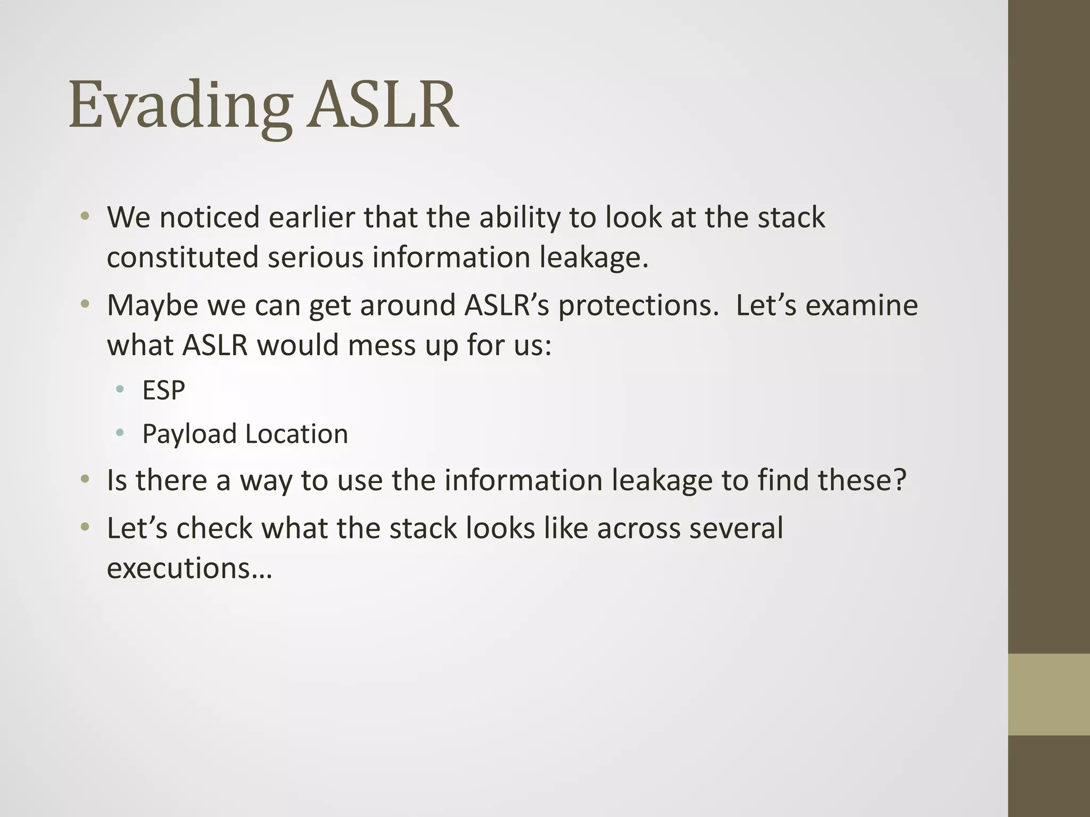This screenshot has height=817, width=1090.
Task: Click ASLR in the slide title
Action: [x=382, y=105]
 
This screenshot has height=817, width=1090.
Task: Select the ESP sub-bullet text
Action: [x=163, y=390]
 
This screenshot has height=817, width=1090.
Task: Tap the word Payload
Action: [x=189, y=434]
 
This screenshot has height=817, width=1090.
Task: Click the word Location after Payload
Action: [x=296, y=434]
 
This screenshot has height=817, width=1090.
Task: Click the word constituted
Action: [x=183, y=257]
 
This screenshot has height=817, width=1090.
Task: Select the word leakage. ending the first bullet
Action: [x=594, y=257]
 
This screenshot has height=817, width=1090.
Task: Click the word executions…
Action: [x=189, y=568]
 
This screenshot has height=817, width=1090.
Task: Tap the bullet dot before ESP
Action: [x=120, y=389]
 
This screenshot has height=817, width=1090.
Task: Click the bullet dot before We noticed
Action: [x=85, y=216]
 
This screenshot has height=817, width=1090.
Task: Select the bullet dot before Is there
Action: [x=85, y=479]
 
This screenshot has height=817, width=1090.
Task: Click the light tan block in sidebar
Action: [x=1048, y=694]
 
